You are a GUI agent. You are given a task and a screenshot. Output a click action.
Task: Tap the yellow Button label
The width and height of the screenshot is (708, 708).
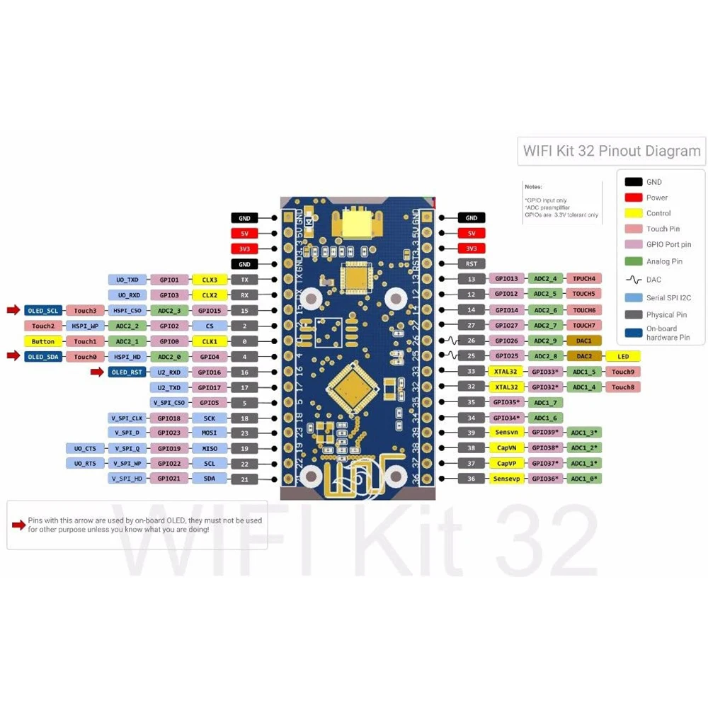click(x=43, y=341)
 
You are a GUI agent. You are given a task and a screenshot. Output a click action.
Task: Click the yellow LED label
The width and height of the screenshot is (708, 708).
click(x=622, y=356)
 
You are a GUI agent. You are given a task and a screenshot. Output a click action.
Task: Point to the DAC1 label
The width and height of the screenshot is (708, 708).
click(x=584, y=341)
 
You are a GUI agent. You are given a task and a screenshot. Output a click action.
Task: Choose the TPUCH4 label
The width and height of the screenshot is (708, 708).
click(x=584, y=278)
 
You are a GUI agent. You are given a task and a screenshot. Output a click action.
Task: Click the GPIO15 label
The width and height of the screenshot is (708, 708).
click(x=210, y=310)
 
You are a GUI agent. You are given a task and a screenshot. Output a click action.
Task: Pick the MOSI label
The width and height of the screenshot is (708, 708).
click(x=210, y=433)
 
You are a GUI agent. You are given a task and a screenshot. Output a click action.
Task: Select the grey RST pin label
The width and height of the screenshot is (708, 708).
click(x=472, y=264)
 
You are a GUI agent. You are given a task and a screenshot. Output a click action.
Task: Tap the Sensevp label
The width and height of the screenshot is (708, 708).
click(x=506, y=479)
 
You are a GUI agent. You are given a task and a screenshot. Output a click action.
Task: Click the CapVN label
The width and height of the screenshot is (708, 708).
click(x=506, y=448)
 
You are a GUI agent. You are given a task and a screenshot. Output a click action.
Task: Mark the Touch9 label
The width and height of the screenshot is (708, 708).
click(x=622, y=372)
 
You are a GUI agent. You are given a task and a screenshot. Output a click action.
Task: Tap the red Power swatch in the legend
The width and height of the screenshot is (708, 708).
click(x=634, y=198)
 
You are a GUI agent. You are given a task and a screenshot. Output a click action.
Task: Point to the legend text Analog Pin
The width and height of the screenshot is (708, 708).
click(x=664, y=261)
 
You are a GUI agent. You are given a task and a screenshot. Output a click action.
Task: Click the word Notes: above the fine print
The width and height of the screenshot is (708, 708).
click(x=533, y=187)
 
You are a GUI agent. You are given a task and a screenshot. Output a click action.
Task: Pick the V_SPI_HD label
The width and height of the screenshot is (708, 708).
click(x=127, y=479)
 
